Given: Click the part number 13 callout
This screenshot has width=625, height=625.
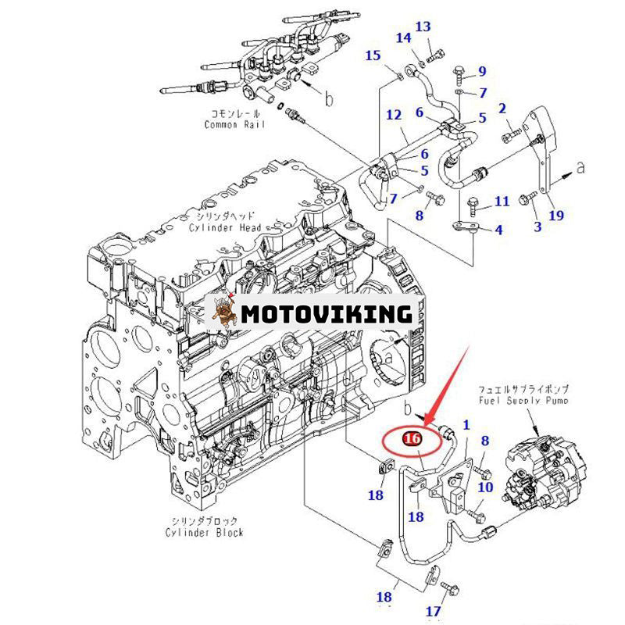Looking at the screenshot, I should tap(422, 27).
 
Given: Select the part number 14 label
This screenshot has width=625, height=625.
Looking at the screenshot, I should tap(403, 39).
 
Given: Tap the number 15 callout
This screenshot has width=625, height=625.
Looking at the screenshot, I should tap(373, 55).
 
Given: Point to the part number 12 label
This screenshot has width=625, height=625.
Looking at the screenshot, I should tap(395, 116).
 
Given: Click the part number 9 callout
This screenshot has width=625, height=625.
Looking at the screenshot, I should tap(482, 72).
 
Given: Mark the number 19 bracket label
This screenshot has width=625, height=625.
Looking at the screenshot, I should tap(556, 215).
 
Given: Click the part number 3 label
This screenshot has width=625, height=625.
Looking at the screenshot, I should tap(537, 227).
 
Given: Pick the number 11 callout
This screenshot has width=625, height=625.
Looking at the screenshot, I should tap(502, 202).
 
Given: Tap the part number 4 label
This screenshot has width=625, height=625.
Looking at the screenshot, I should tap(498, 230).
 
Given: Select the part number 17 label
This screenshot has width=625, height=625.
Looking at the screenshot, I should tap(434, 612).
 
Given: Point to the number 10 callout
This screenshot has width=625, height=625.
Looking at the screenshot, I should tap(485, 487).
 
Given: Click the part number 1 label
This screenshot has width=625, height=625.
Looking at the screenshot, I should tap(467, 426).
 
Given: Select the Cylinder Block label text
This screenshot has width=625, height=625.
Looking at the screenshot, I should tap(204, 532).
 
